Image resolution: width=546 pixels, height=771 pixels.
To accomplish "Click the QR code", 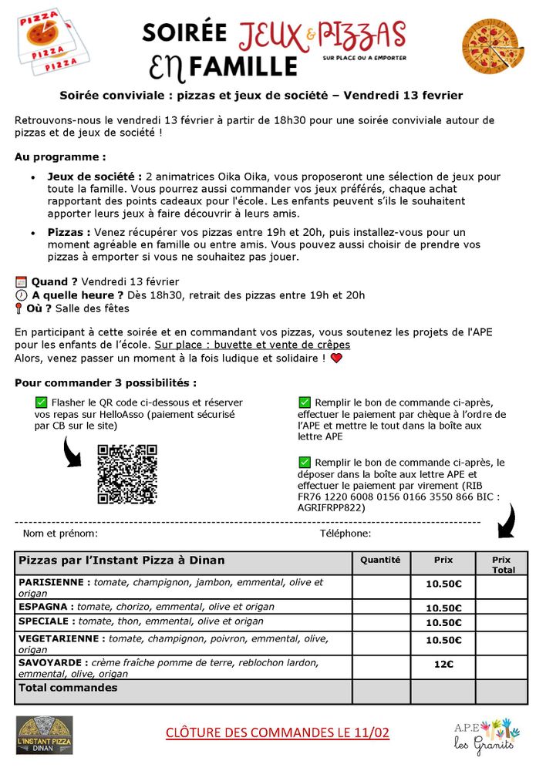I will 127,474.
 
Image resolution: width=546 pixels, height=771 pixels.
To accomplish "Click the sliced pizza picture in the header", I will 494,45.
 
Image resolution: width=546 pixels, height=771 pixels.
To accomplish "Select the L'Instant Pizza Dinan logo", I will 45,735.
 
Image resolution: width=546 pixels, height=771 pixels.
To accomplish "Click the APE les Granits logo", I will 484,737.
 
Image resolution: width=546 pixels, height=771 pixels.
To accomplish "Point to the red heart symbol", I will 335,359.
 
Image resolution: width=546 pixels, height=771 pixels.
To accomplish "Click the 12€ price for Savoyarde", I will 443,664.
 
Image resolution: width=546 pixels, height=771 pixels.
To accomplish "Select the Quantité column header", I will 380,560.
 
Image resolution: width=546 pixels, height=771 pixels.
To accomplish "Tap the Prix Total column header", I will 501,564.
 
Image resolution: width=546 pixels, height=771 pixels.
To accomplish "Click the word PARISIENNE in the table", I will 52,582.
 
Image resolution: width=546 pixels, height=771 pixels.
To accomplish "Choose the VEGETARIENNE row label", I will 60,638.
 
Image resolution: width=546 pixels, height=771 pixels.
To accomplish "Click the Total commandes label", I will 68,687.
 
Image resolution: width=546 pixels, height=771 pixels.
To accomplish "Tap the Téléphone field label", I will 345,534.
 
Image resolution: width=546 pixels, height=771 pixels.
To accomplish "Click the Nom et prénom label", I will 60,534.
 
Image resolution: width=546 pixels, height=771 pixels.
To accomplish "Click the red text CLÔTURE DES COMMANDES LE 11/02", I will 278,732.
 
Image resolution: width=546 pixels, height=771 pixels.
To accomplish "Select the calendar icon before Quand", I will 21,282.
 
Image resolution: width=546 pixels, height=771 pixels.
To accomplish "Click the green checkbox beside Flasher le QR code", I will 41,402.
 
